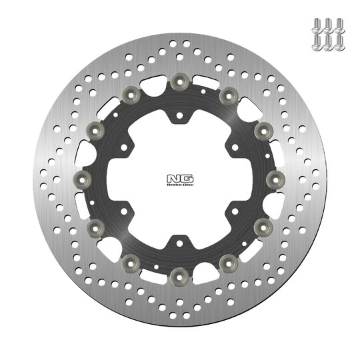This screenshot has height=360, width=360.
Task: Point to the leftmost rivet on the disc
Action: click(x=81, y=177)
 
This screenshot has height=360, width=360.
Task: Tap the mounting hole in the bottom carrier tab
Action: click(x=177, y=234)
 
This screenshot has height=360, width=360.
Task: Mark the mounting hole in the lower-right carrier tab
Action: click(x=227, y=205)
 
